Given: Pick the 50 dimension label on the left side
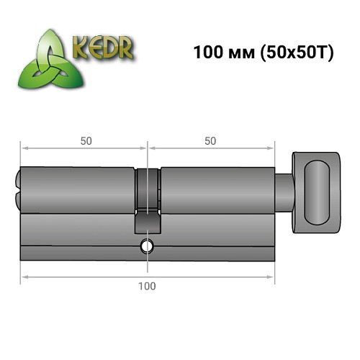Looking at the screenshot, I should click(85, 141).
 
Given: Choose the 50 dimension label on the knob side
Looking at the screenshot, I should click(210, 141).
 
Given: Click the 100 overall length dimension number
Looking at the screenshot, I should click(147, 286).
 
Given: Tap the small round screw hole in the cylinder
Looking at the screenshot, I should click(147, 246).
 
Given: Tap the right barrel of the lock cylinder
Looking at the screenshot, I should click(216, 190).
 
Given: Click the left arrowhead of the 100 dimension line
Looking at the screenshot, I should click(23, 274).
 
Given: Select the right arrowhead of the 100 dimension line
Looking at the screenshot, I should click(271, 274).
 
